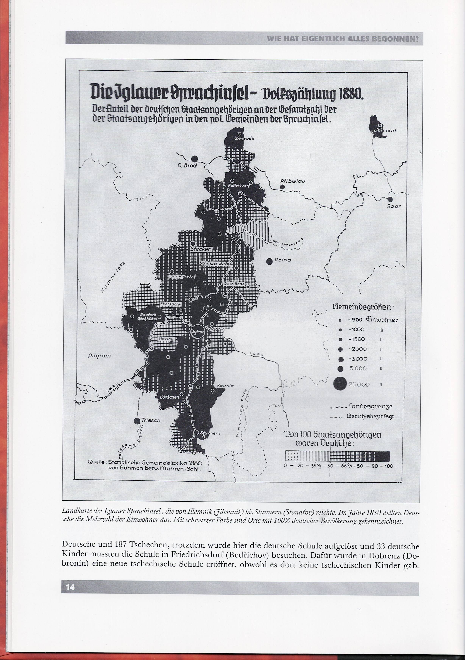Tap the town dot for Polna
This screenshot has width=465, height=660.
click(269, 261)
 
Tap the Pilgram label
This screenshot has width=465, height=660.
click(99, 356)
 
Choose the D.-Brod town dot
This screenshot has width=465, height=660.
click(195, 158)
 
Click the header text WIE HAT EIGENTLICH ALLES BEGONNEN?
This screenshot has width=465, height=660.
click(343, 38)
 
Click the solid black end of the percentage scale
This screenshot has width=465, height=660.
click(382, 456)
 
